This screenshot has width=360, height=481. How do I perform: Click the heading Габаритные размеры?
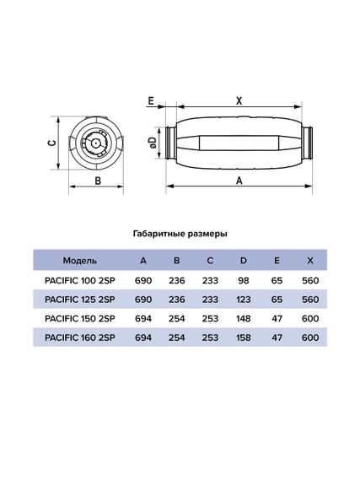(180, 232)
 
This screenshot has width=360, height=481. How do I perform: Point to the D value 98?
(243, 279)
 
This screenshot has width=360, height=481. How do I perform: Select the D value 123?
(243, 299)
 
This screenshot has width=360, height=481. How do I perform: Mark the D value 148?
(243, 318)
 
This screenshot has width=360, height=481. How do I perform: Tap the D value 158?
(243, 338)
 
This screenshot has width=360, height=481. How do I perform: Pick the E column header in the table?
(276, 260)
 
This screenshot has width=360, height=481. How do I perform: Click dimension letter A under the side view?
(239, 180)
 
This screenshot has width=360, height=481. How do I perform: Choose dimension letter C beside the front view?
(51, 143)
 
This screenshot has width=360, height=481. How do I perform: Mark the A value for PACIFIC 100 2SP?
(144, 279)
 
